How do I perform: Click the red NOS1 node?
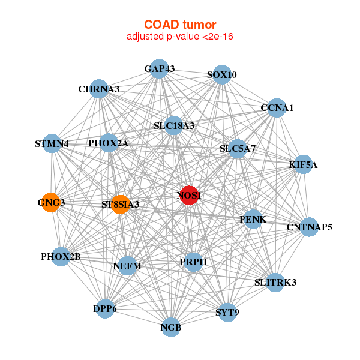coord(189,195)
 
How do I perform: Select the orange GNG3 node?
coord(51,203)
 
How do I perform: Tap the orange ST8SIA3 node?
coord(121,205)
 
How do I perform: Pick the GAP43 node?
coord(159,69)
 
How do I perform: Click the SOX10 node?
coord(222,74)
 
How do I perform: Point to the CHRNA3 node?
coord(99,89)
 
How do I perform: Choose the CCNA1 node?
coord(277,108)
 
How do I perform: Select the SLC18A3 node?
coord(174,125)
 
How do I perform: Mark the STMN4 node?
coord(52,143)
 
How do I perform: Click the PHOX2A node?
coord(109,143)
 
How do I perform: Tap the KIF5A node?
coord(304,164)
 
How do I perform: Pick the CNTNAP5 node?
coord(310,227)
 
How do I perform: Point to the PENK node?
coord(253,219)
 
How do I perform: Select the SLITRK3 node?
coord(275,283)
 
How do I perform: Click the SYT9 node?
coord(227,312)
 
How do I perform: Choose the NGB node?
coord(171,327)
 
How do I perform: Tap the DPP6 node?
coord(105,309)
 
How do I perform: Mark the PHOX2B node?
coord(61,257)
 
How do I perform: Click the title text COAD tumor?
coord(180,25)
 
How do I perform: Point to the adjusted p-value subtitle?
coord(180,37)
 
